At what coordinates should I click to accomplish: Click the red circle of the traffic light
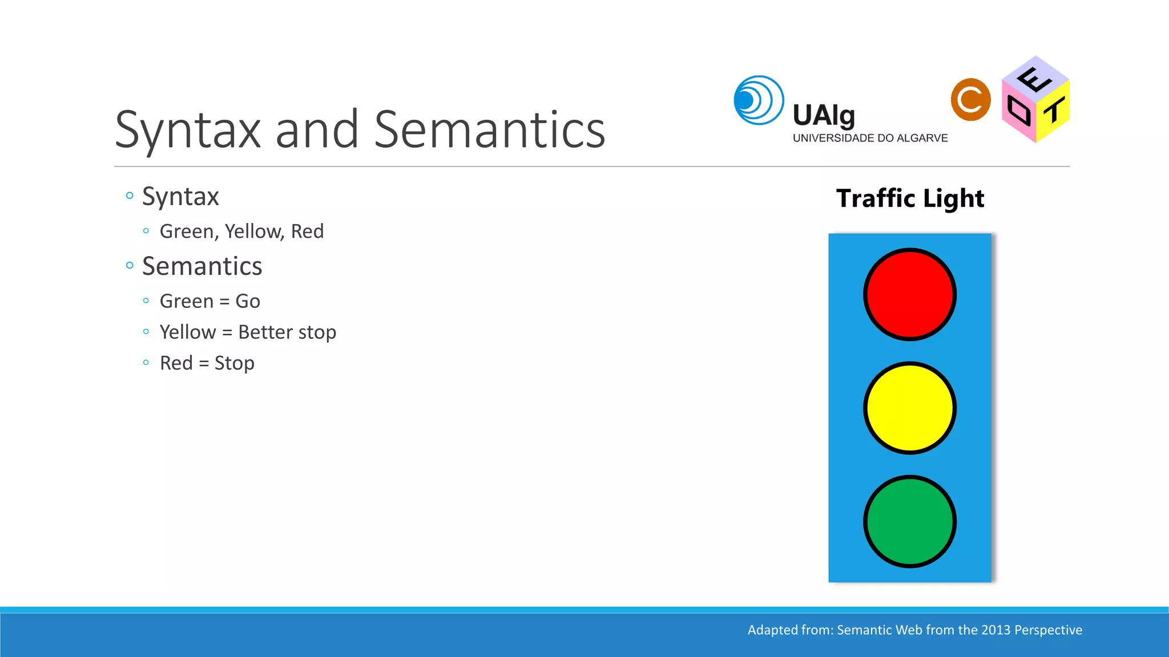(x=909, y=294)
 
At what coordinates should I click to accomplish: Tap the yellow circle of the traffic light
(x=909, y=408)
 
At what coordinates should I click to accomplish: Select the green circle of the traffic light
(x=909, y=521)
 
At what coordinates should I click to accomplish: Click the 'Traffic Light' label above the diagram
(x=910, y=198)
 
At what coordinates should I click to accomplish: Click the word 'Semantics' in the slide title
(x=489, y=130)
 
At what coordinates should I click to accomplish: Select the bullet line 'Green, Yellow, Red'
(x=241, y=232)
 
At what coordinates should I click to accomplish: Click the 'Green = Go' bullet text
(x=209, y=301)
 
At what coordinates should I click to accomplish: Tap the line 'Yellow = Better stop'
(x=248, y=332)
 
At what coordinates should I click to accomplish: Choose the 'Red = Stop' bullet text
(x=207, y=363)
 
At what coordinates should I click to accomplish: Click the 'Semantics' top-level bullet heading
(x=201, y=266)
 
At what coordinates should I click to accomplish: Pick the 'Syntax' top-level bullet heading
(x=180, y=197)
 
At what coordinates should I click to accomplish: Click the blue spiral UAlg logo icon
(x=758, y=100)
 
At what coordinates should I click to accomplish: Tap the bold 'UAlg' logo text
(x=823, y=116)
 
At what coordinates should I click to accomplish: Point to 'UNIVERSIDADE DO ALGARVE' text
(x=870, y=138)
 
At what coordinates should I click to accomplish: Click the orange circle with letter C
(x=970, y=100)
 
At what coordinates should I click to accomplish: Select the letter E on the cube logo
(x=1034, y=79)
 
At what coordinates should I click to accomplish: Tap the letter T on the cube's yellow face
(x=1054, y=110)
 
